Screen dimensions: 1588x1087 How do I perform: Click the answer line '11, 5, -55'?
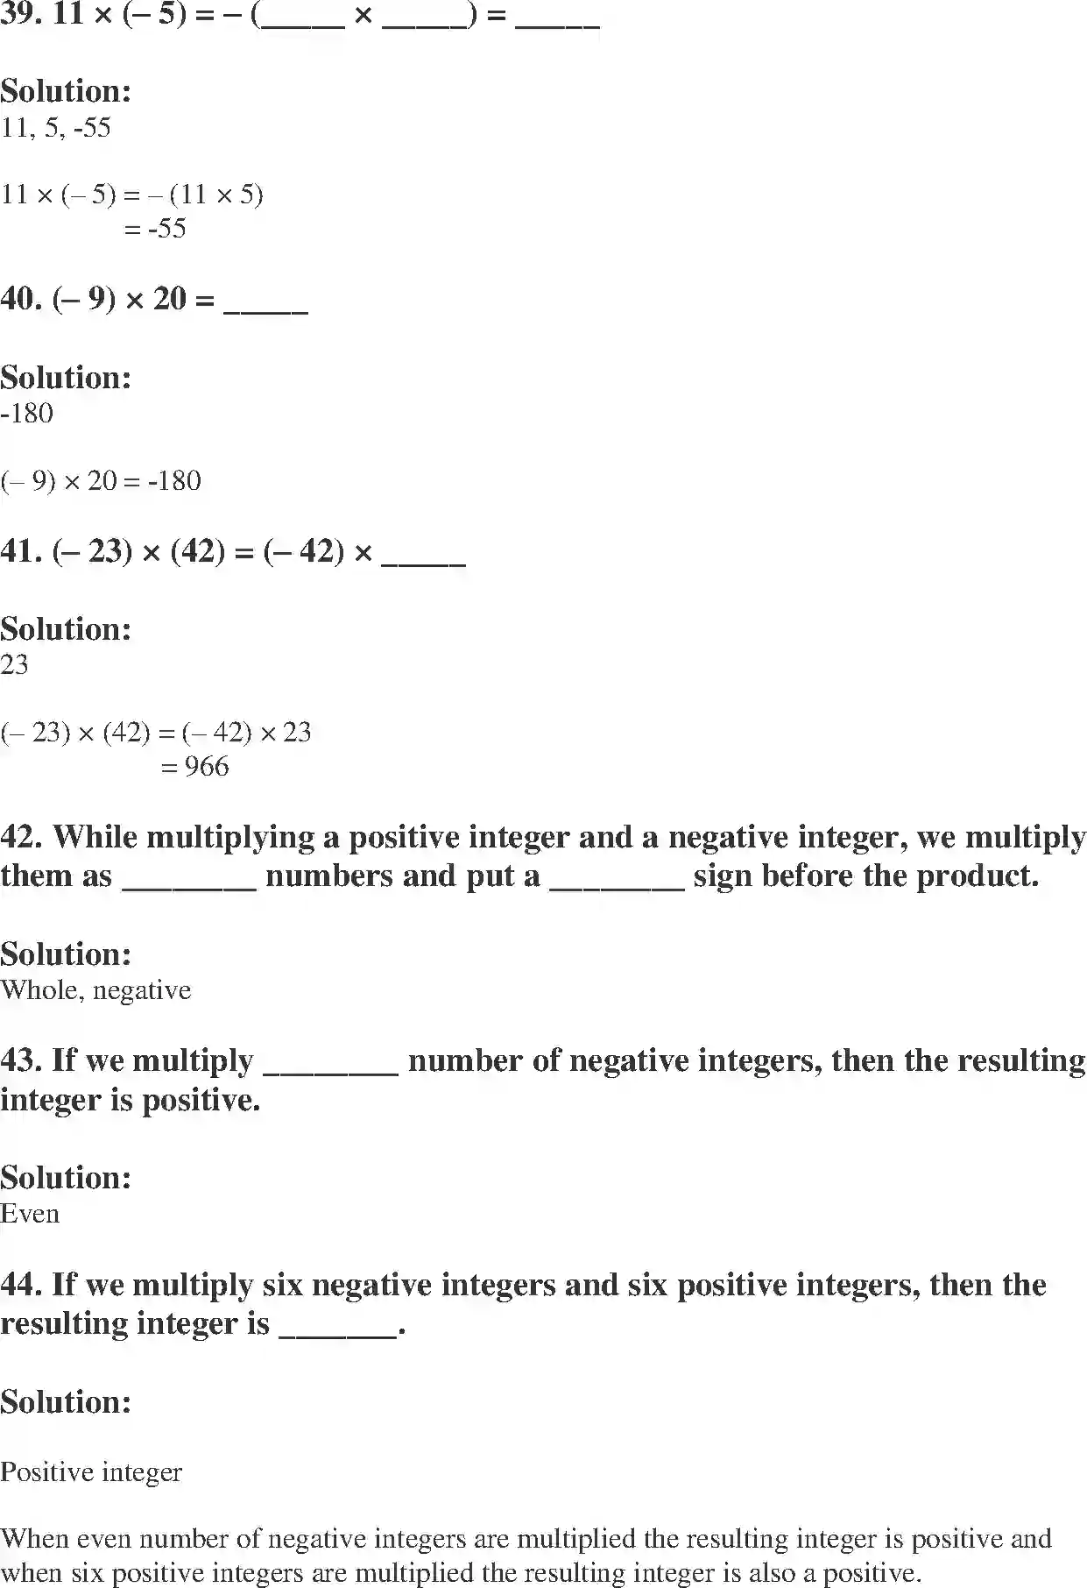click(56, 128)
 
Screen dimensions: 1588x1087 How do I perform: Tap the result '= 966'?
click(195, 767)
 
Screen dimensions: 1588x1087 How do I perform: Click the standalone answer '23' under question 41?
click(15, 665)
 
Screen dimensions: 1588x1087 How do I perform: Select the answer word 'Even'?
click(30, 1214)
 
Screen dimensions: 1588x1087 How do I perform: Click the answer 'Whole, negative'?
click(95, 990)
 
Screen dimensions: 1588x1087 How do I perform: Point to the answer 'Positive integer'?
click(91, 1472)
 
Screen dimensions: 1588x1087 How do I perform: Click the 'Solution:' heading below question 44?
click(66, 1402)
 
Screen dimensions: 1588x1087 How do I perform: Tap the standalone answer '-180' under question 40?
click(27, 414)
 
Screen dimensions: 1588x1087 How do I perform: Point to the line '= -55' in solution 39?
click(155, 229)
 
